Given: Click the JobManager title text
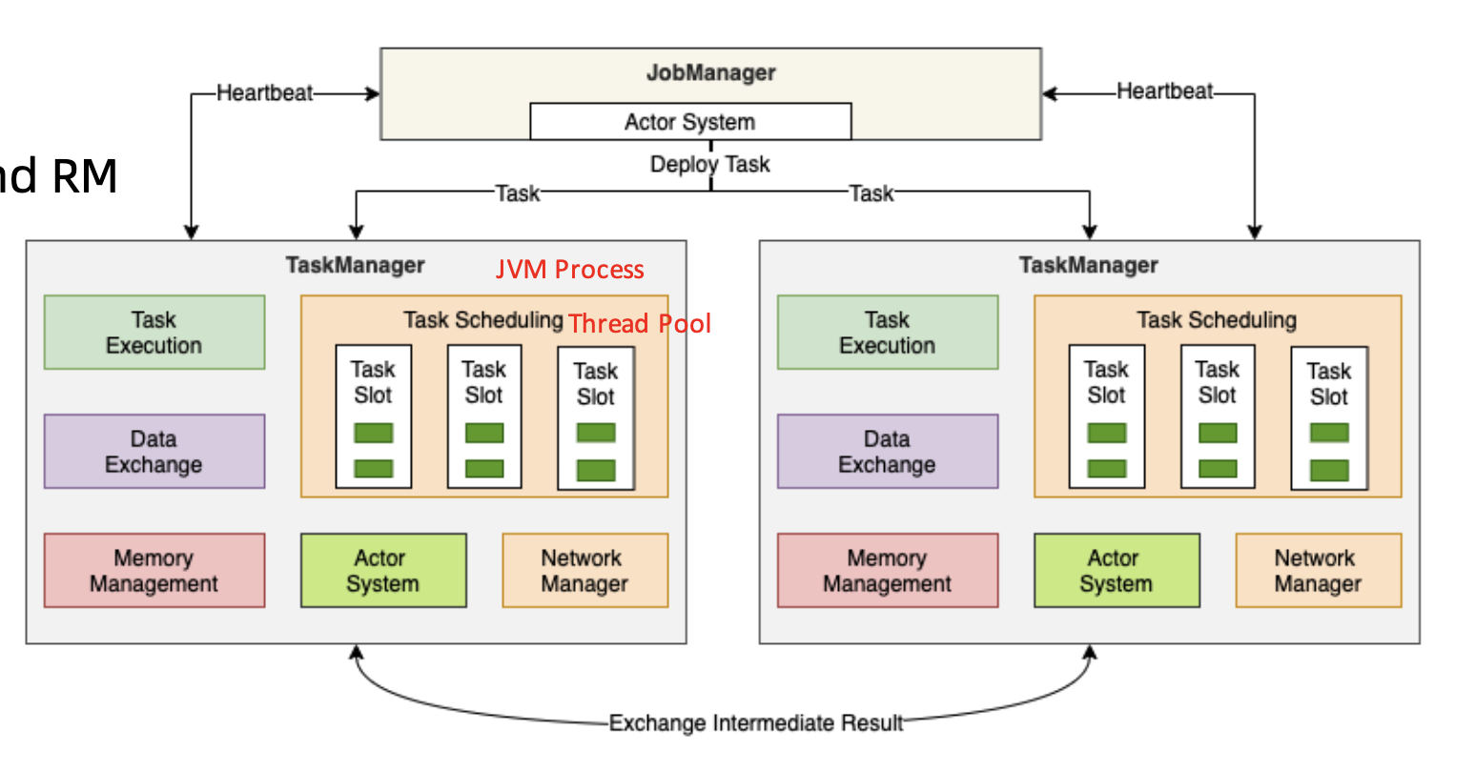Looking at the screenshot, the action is tap(711, 72).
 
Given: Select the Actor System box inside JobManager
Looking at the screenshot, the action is tap(690, 121).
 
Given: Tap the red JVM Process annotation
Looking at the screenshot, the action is tap(570, 270).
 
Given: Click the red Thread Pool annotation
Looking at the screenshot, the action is tap(639, 323).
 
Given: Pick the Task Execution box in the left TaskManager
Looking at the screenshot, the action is tap(154, 332).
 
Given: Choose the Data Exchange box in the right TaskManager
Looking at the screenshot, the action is tap(888, 451).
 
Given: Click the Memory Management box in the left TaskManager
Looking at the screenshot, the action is tap(154, 571).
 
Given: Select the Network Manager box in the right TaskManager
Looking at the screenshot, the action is tap(1319, 571).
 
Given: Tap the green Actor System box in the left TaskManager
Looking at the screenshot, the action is tap(383, 571).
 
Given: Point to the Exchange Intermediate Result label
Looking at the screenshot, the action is tap(756, 722).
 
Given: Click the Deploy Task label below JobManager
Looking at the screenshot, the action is tap(709, 164).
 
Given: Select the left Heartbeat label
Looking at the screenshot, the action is tap(265, 92).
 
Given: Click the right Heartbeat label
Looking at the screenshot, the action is tap(1165, 91).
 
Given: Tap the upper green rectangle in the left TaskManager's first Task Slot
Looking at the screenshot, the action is tap(374, 433).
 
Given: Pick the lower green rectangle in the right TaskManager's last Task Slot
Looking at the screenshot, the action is tap(1330, 471).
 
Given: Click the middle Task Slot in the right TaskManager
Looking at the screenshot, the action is tap(1218, 416).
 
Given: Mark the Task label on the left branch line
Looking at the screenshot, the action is tap(517, 193).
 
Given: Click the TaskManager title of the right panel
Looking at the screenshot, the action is tap(1089, 265).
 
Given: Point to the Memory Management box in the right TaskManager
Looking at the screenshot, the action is tap(888, 571).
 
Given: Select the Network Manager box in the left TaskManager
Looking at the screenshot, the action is tap(585, 571).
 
